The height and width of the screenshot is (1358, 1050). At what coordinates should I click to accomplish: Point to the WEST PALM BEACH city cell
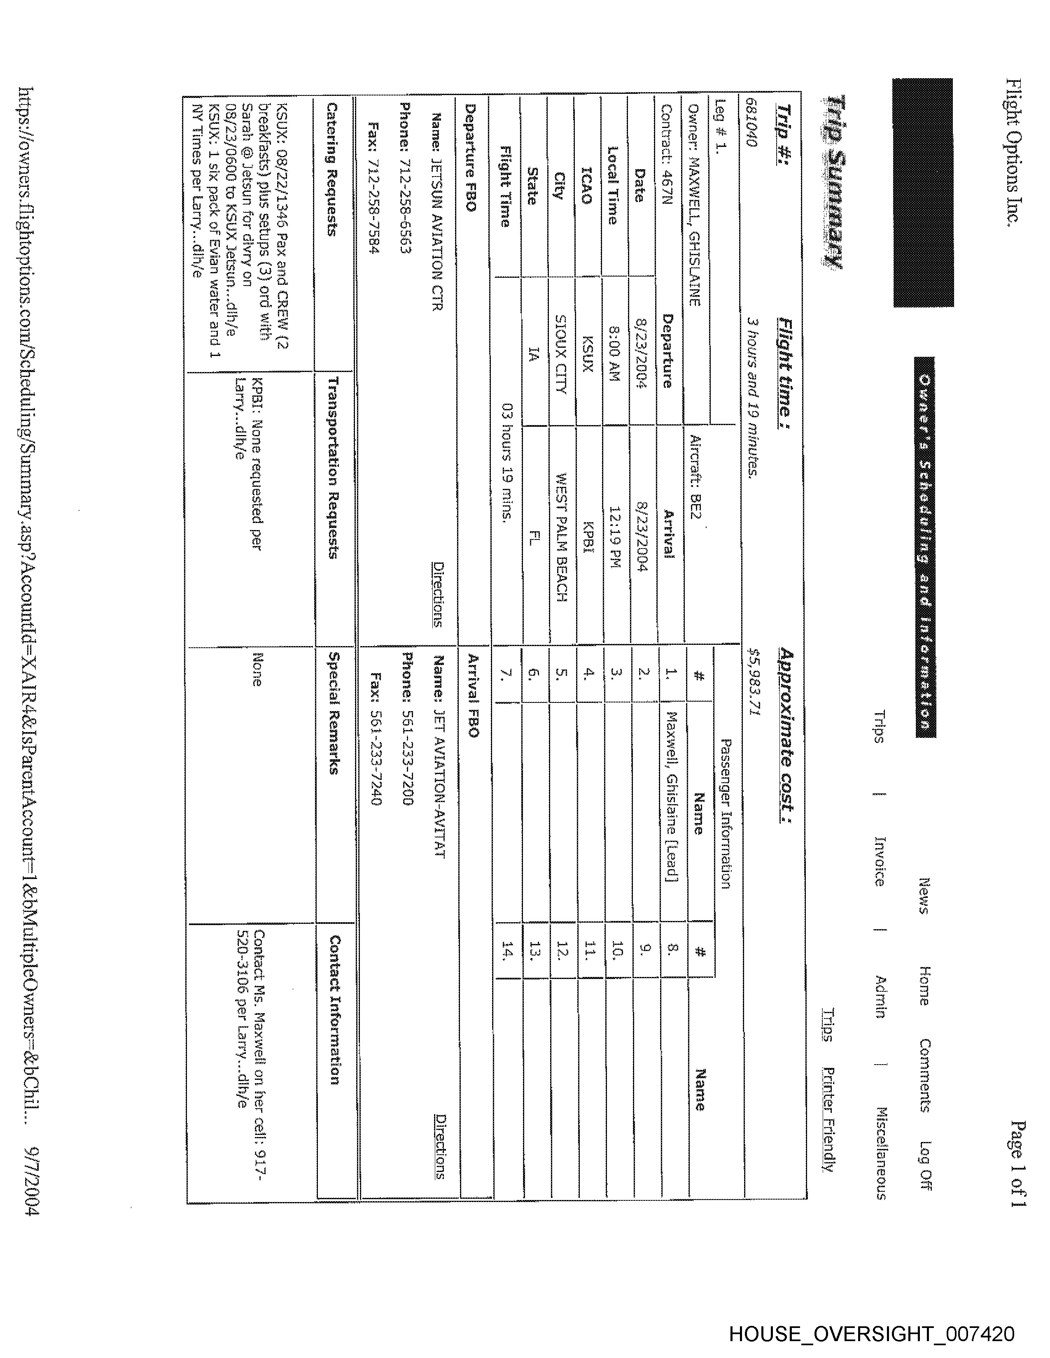(560, 537)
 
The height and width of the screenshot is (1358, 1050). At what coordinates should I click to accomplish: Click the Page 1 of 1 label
(1017, 1163)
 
